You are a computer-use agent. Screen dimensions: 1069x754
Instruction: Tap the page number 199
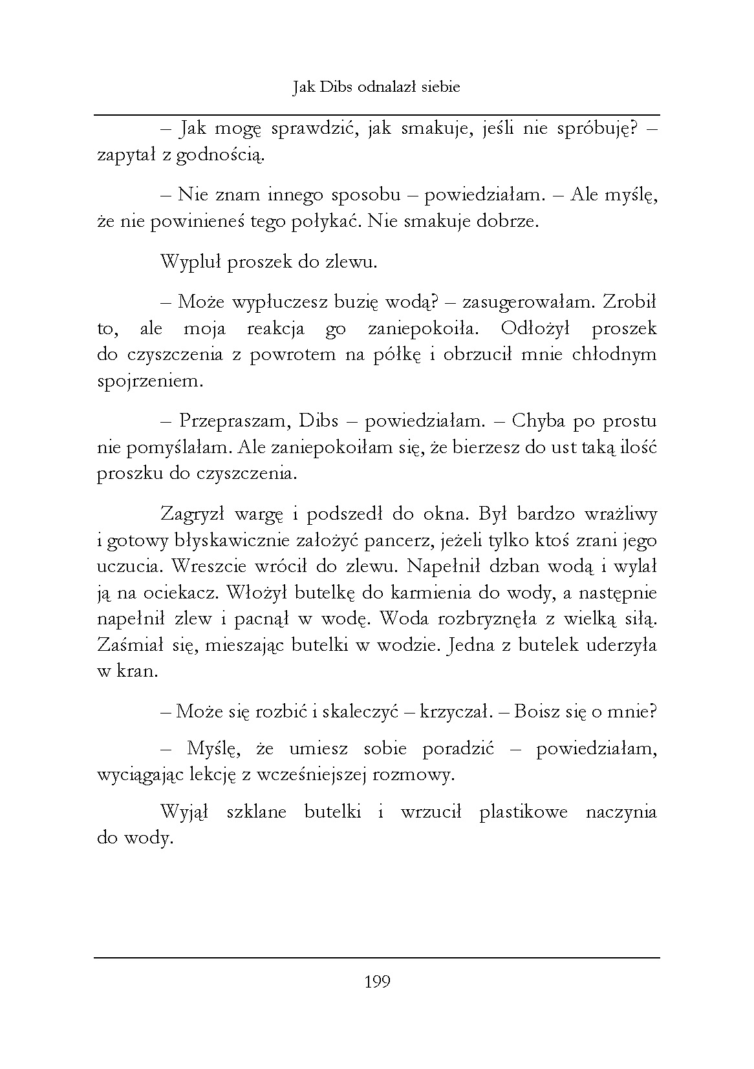(377, 982)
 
